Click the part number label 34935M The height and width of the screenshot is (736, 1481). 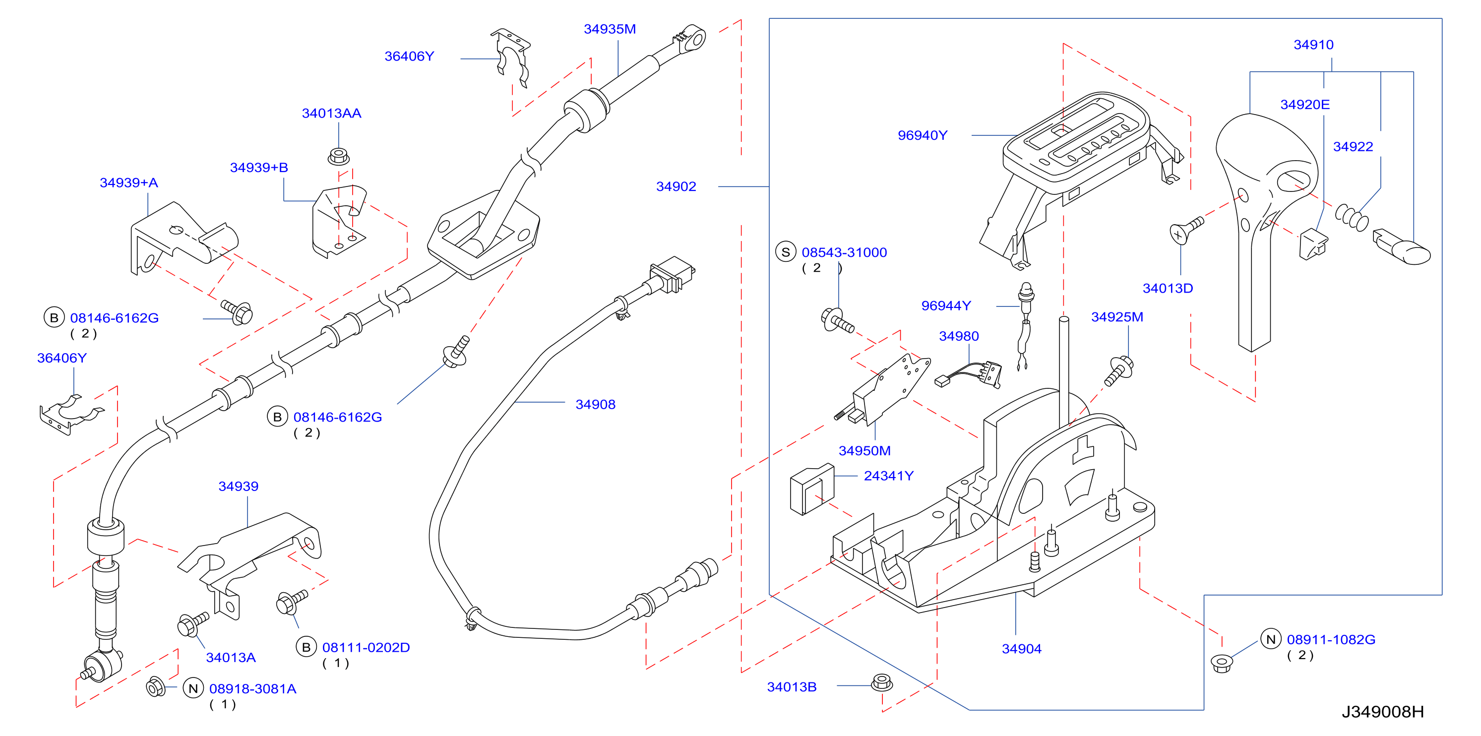pyautogui.click(x=610, y=29)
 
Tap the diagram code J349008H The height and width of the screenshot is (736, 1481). pyautogui.click(x=1383, y=712)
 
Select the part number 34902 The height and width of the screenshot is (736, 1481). pyautogui.click(x=676, y=186)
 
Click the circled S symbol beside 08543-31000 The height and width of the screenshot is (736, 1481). pyautogui.click(x=785, y=252)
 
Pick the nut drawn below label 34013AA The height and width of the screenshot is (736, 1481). pyautogui.click(x=339, y=156)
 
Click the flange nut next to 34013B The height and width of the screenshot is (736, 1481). pyautogui.click(x=882, y=682)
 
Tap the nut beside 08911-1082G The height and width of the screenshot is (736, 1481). pyautogui.click(x=1222, y=663)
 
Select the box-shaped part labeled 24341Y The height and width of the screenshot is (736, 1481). pyautogui.click(x=812, y=490)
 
